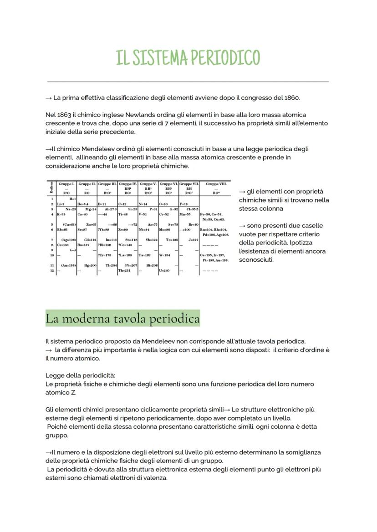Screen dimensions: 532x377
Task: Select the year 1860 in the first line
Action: coord(291,98)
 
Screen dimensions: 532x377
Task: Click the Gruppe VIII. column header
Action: coord(215,184)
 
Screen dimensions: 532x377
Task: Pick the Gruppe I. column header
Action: coord(66,184)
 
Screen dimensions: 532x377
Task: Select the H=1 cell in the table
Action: coord(72,199)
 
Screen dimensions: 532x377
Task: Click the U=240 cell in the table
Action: coord(164,270)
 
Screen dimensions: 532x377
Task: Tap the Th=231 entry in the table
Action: coord(124,270)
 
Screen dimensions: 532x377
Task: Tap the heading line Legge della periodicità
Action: coord(74,375)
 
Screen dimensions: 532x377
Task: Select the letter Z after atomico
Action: coord(74,392)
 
